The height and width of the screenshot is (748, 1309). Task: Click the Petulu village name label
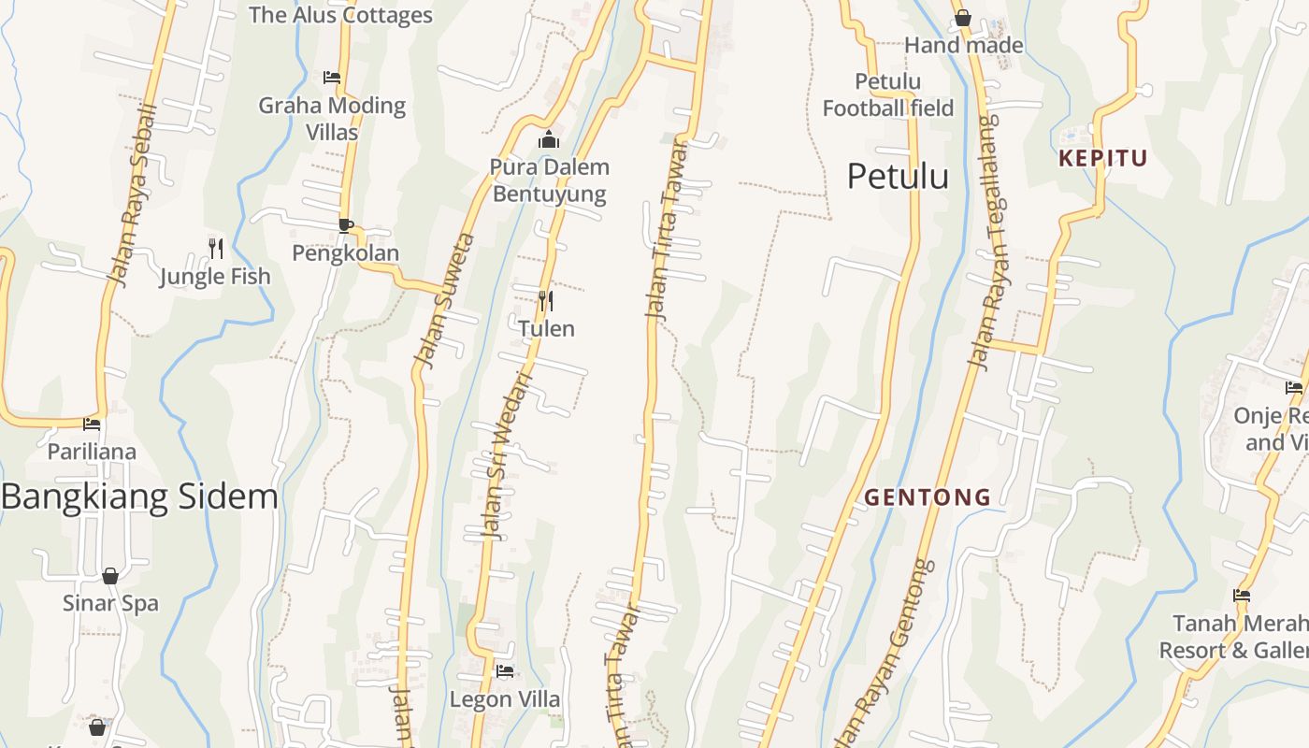coord(898,177)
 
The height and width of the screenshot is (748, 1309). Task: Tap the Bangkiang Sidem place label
coord(139,496)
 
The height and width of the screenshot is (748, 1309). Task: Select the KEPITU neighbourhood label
coord(1102,158)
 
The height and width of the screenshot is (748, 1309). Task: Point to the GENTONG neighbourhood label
coord(927,497)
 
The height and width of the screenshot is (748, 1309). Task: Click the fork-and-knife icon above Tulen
coord(546,301)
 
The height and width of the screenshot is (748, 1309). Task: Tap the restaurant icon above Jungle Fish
coord(216,248)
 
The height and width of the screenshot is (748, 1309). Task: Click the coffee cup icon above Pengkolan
coord(345,225)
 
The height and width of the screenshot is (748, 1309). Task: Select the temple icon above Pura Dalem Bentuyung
coord(549,140)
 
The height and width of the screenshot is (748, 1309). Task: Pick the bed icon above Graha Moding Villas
coord(332,78)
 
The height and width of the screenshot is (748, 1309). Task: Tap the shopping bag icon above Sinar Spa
coord(110,576)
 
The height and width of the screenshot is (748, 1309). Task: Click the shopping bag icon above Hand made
coord(963,18)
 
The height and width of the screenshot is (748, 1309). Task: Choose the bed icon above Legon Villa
coord(505,671)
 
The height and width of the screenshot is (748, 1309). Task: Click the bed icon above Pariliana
coord(92,424)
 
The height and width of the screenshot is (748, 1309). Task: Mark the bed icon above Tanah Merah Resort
coord(1242,595)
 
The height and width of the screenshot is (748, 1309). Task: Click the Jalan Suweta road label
coord(445,301)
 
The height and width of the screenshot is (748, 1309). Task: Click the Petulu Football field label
coord(887,95)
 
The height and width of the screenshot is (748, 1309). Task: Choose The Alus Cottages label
coord(340,15)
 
